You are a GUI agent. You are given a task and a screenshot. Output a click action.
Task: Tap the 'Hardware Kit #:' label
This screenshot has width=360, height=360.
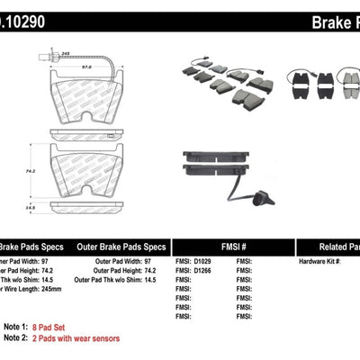pyautogui.click(x=320, y=261)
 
